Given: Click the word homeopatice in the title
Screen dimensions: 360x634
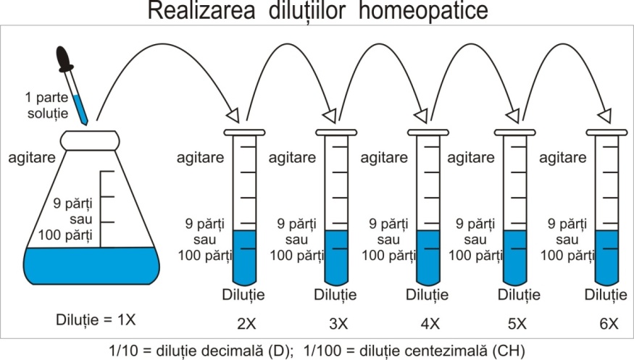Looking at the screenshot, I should (x=414, y=12).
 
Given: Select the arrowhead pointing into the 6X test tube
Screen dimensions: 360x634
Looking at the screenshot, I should (x=603, y=116).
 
